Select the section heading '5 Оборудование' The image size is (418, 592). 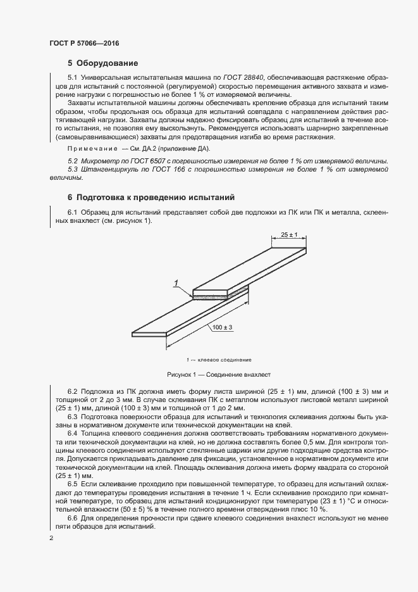pyautogui.click(x=99, y=63)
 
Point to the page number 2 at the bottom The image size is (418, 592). pyautogui.click(x=51, y=538)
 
